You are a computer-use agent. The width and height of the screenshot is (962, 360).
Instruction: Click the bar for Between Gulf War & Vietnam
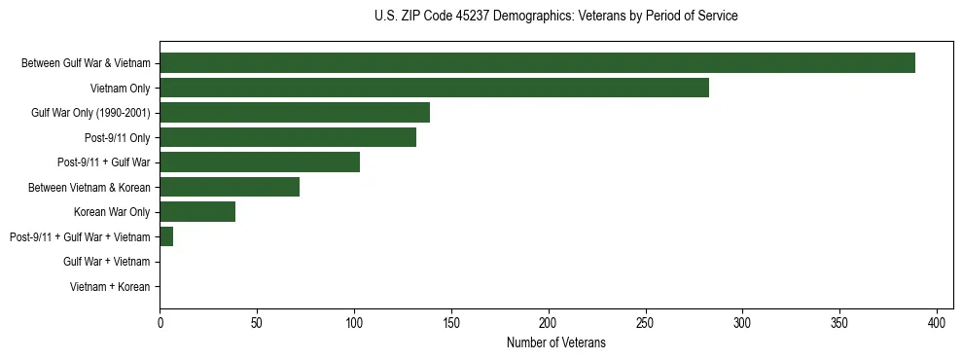(537, 63)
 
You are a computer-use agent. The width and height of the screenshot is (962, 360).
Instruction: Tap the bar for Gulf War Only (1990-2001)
(294, 113)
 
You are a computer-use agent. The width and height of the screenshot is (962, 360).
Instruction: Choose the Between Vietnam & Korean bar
(230, 187)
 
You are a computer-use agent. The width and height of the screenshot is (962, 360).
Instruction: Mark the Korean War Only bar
(197, 212)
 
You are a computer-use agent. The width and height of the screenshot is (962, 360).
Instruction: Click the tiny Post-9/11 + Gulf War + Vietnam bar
(166, 236)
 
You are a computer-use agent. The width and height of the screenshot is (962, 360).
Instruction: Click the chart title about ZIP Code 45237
(555, 17)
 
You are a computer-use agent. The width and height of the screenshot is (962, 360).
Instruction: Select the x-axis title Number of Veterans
(555, 342)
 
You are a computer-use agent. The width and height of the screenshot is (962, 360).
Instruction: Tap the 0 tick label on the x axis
(160, 322)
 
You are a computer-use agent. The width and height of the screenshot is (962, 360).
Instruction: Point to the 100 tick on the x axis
(354, 322)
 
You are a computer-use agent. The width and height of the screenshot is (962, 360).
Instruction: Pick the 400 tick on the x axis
(937, 322)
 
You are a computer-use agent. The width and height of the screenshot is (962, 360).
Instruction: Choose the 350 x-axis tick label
(839, 322)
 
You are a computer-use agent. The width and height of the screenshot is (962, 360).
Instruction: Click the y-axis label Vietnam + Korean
(110, 287)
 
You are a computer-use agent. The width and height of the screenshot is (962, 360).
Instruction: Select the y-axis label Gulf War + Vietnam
(107, 262)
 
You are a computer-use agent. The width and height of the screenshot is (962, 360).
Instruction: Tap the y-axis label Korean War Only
(112, 212)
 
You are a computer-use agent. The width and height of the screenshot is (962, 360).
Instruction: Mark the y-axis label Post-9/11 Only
(118, 137)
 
